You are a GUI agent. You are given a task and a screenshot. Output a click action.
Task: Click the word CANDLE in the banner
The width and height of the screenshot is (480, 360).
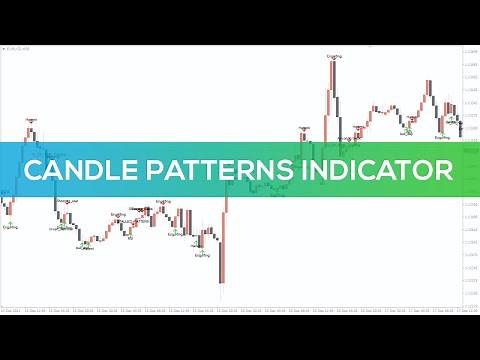73,171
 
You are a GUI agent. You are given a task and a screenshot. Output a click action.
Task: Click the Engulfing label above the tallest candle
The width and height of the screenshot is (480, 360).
335,57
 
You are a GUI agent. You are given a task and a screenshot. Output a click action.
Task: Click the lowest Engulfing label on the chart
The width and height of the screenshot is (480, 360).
203,255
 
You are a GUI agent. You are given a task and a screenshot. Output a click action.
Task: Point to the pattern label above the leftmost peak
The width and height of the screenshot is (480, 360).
31,119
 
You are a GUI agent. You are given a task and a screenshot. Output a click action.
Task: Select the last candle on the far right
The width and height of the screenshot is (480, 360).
460,124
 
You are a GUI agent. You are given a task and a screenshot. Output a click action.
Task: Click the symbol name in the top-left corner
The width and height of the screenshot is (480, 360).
20,48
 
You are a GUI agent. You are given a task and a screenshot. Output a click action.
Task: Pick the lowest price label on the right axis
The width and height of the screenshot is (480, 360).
470,296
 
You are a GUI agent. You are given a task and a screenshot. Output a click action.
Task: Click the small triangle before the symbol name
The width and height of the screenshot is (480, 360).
5,48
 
